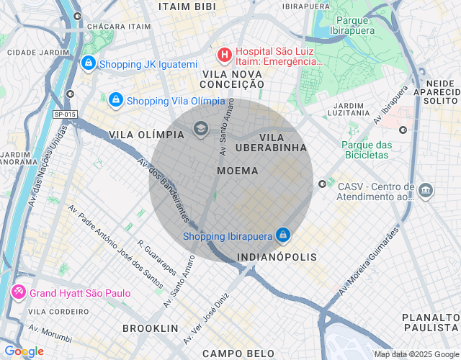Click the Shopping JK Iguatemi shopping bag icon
coord(88,64)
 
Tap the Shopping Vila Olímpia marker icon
coord(115,99)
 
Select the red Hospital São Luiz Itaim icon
coord(224,54)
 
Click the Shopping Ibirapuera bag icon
coord(284,235)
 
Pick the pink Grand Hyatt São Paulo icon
coord(17,293)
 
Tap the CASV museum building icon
coord(426,191)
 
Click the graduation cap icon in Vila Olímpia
coord(201,129)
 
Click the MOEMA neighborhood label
coord(237,171)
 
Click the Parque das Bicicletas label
coord(366,150)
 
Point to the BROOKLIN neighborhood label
coord(150,328)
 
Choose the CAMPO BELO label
coord(238,353)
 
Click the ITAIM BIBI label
coord(187,6)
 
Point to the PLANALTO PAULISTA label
coord(430,323)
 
